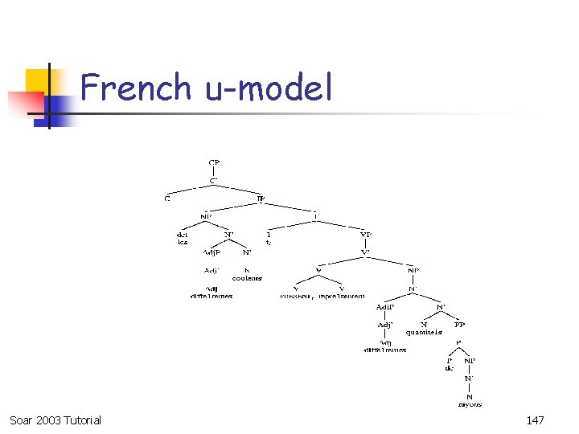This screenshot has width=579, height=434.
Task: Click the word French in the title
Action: click(135, 87)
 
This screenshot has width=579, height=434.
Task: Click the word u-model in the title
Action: click(269, 87)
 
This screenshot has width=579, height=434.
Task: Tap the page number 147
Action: click(536, 420)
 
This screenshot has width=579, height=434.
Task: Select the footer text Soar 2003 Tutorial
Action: click(55, 420)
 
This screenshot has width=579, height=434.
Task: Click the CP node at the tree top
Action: click(214, 162)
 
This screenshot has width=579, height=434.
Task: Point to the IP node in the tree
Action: click(261, 198)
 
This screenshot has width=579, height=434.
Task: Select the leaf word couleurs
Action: click(247, 278)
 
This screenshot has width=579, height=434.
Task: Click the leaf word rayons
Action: click(470, 404)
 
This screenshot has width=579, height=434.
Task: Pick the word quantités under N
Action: click(424, 331)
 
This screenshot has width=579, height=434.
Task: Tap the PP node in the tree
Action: click(459, 325)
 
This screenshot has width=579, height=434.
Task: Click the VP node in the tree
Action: click(366, 235)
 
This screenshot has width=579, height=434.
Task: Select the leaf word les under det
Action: click(183, 242)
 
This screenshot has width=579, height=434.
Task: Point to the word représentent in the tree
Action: click(342, 296)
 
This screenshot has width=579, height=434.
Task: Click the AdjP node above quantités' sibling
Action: click(385, 306)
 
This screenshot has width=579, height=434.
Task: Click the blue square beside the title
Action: click(60, 108)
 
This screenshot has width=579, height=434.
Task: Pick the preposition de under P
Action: click(449, 368)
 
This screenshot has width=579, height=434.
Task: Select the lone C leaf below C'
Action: click(167, 199)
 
